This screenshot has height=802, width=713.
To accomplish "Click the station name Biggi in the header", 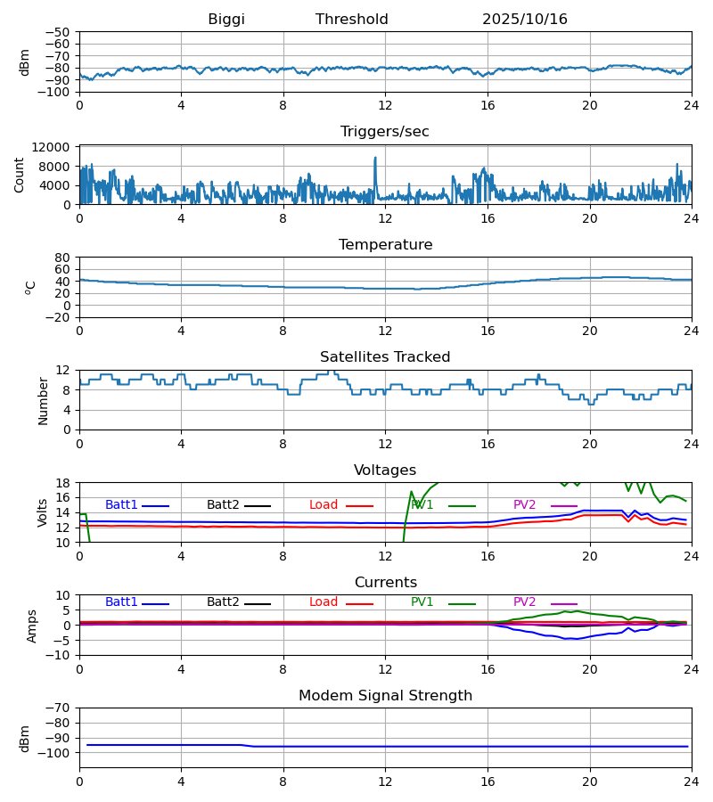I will coord(226,20).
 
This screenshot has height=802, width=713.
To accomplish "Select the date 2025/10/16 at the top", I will coord(525,20).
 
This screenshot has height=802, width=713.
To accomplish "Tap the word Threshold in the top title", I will coord(352,20).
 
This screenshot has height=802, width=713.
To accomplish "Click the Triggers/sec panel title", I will coord(385,132).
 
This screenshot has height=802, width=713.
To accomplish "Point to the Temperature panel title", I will coord(385,245).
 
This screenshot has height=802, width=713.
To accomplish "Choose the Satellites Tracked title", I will coord(385,357).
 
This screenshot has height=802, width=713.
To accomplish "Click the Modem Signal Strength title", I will coord(385,696).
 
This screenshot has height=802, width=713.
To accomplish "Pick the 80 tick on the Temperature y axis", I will coord(62,258).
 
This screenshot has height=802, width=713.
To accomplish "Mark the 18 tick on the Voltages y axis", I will coord(62,483).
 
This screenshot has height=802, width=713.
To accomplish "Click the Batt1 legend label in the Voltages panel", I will coord(121,505).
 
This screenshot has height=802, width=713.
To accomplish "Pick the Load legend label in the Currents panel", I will coord(324,602).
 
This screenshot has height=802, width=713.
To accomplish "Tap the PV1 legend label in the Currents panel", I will coord(422,602).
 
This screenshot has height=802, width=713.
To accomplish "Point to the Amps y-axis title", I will coord(33,626).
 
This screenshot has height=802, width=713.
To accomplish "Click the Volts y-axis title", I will coord(43,512).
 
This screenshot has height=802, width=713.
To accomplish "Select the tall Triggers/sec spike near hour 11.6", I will coord(375,160).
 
